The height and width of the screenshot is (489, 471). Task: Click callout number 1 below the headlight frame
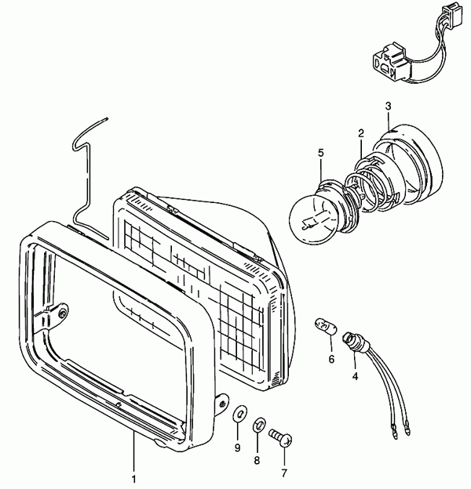point(133,479)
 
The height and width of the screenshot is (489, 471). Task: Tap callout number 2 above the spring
point(361,134)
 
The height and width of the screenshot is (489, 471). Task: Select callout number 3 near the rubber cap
point(388,106)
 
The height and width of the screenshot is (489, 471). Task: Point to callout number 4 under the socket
point(355,376)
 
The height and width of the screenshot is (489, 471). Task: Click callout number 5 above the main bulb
point(321,153)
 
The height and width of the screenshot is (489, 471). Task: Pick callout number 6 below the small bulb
point(331,359)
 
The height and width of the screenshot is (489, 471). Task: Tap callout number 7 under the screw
point(284,473)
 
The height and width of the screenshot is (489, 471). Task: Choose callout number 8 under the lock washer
point(257,460)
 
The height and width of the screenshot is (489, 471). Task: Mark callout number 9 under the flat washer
point(237,448)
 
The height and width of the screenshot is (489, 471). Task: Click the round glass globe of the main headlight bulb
point(310,217)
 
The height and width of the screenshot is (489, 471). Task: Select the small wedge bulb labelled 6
point(326,327)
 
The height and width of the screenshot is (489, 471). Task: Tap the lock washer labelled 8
point(259,425)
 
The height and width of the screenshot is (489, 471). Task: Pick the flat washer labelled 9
point(240,414)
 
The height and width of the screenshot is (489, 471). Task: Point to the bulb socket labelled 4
point(356,342)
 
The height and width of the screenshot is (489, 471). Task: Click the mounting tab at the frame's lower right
point(221,404)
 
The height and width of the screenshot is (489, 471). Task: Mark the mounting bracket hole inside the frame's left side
point(64,313)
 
